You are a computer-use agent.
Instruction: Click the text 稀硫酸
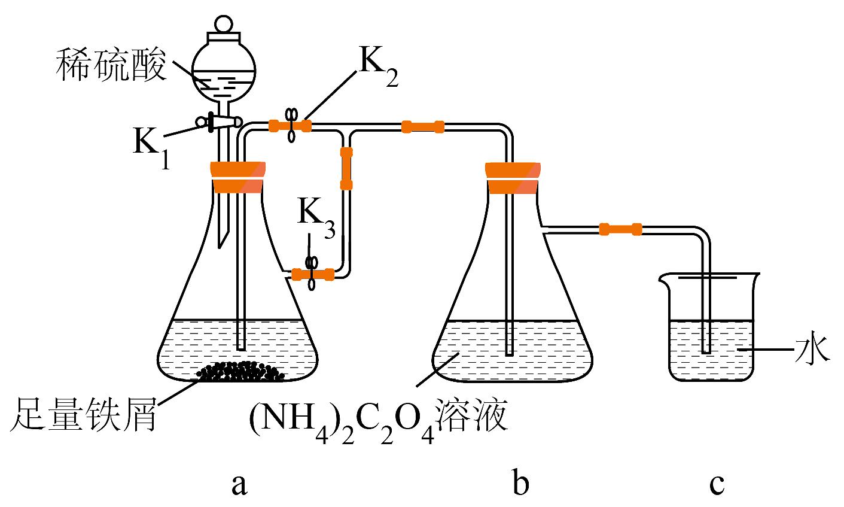pos(110,66)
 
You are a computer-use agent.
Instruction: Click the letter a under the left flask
pos(239,484)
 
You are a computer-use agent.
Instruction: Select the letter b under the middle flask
pos(520,483)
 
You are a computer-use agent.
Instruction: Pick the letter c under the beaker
pos(717,484)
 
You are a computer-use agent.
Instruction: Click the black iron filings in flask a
pos(242,372)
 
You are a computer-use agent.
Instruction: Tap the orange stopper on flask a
pos(237,177)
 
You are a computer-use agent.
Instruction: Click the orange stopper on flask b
pos(513,178)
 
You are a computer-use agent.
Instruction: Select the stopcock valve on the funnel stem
pos(219,122)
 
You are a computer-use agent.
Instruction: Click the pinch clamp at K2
pos(292,125)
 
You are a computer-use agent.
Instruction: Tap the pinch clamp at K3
pos(311,274)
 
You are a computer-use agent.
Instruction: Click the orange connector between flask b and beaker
pos(620,229)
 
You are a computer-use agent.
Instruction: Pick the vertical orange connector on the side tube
pos(346,168)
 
